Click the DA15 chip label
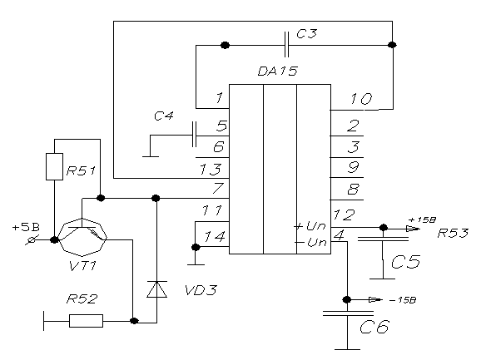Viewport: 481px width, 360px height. pos(277,71)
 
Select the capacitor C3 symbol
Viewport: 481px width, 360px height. pos(286,45)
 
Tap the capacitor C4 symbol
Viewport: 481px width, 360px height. pos(194,135)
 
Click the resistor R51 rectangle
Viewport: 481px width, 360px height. pos(54,166)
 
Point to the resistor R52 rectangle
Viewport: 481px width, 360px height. pos(86,321)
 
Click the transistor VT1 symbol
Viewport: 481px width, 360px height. pos(82,237)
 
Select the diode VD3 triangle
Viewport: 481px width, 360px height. pos(156,289)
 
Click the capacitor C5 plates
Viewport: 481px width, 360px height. pos(383,239)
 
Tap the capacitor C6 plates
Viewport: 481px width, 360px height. pos(348,313)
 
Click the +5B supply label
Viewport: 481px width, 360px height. pos(26,228)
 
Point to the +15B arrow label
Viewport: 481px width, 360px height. pos(422,219)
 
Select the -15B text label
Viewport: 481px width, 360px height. pos(403,300)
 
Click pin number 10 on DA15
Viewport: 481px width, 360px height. pos(361,99)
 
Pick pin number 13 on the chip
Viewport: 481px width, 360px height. pos(211,170)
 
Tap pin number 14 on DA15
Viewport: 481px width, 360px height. pos(215,236)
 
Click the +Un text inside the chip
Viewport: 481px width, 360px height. pos(310,226)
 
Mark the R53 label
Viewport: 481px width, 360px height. pos(453,233)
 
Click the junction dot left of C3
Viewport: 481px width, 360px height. pos(225,46)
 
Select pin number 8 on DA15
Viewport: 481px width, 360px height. pos(353,190)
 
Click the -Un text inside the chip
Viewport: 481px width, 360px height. pos(310,243)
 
